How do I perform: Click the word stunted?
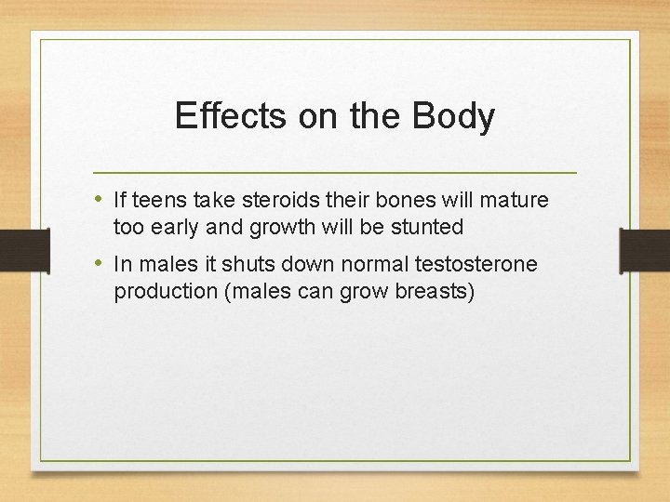(429, 227)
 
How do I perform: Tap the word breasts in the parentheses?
(435, 291)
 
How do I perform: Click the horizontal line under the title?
(335, 173)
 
